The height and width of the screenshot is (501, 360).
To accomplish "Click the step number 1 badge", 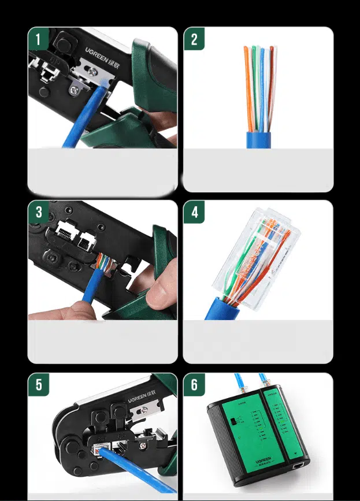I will point(39,39).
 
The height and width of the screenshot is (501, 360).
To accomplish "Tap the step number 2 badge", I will point(194,39).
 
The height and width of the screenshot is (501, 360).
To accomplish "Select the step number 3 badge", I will point(39,212).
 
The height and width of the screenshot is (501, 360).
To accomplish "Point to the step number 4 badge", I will point(194,212).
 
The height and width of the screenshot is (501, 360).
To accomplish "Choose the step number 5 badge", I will point(39,384).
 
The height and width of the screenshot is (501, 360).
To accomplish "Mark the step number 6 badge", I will point(194,384).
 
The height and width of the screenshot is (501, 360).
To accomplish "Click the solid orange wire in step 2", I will point(247,87).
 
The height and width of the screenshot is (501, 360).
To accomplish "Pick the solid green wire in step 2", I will point(254,87).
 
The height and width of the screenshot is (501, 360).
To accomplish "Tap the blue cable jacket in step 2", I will point(259,140).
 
